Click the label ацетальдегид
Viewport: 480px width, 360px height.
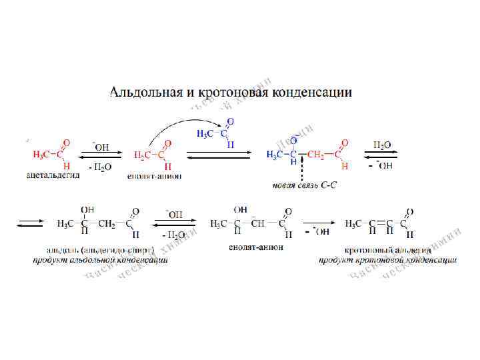tap(53, 176)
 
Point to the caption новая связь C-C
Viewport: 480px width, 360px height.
tap(304, 185)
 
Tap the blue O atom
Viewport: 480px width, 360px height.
tap(230, 122)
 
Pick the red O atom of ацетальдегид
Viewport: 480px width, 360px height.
tap(66, 143)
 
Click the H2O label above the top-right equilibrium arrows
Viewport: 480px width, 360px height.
tap(382, 144)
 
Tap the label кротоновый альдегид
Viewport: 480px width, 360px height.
tap(385, 249)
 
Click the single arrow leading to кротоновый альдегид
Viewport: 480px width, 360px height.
tap(318, 224)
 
